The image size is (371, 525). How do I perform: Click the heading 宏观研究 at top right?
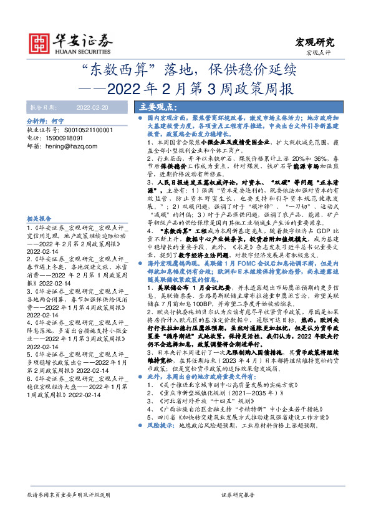(x=314, y=42)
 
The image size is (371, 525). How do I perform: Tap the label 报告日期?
(x=43, y=108)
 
